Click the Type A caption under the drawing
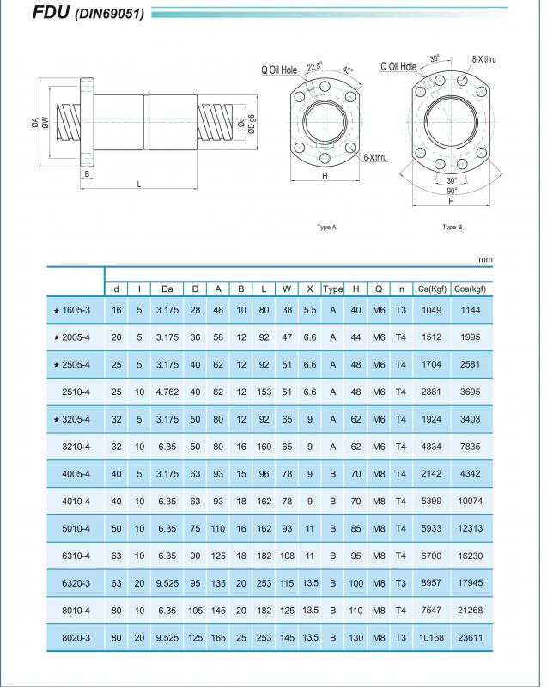point(326,228)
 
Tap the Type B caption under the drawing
point(452,228)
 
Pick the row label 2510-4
point(77,392)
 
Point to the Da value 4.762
point(167,392)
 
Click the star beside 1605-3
point(56,310)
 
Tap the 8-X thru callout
point(483,59)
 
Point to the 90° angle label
point(452,190)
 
